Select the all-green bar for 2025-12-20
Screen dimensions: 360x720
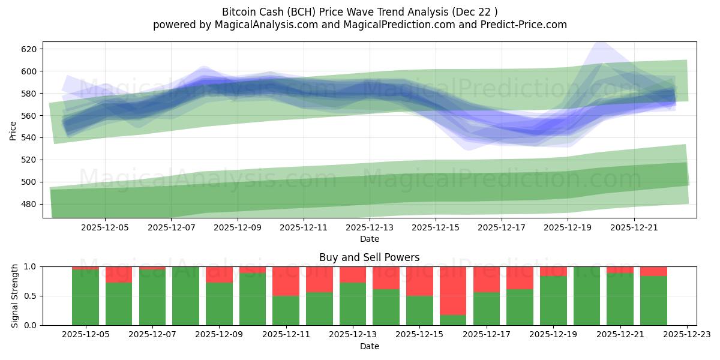[x=586, y=296]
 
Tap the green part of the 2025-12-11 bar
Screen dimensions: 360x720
[x=286, y=310]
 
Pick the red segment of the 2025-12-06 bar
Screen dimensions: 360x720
[x=119, y=275]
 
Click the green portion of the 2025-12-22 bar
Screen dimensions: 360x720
[x=653, y=300]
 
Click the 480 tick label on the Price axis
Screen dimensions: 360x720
[x=29, y=204]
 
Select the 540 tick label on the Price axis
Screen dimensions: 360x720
[x=29, y=138]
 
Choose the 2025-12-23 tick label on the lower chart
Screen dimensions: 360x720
[x=686, y=335]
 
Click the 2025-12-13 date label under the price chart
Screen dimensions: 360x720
[x=370, y=227]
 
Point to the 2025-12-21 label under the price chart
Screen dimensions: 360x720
[x=635, y=227]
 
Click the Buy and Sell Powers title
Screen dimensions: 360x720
[x=369, y=257]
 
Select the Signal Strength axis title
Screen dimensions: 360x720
[x=14, y=296]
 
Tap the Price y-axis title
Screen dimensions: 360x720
[x=13, y=130]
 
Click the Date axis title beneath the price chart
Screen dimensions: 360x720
[x=369, y=239]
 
